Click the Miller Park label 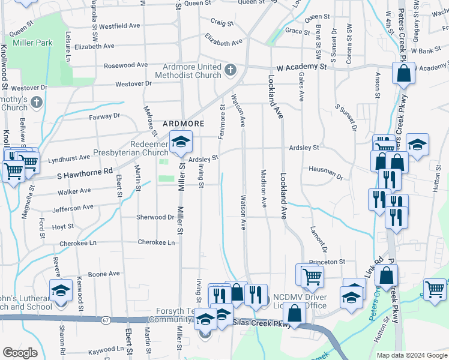(x=37, y=43)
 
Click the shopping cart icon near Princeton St (x=310, y=276)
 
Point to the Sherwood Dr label (x=155, y=217)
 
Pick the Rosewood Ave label (x=125, y=65)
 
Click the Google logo (x=19, y=353)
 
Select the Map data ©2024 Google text (x=411, y=355)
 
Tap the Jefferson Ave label (x=73, y=208)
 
